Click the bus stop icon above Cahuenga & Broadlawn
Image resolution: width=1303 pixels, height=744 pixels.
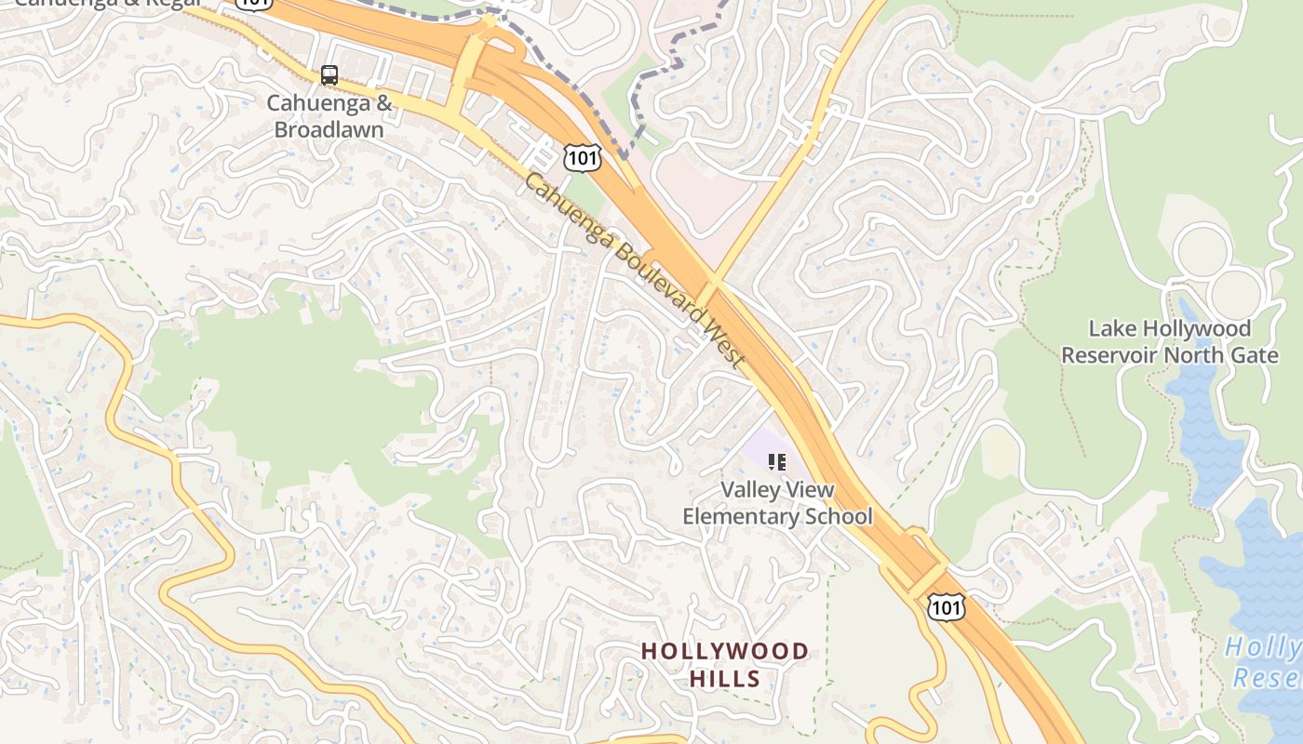pyautogui.click(x=329, y=75)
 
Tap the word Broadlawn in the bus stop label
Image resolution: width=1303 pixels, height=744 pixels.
pyautogui.click(x=329, y=129)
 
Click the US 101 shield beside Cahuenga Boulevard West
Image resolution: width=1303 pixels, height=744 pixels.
pyautogui.click(x=582, y=157)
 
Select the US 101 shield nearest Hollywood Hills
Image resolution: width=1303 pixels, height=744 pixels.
pyautogui.click(x=946, y=607)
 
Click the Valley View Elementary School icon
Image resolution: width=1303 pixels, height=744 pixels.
pyautogui.click(x=777, y=461)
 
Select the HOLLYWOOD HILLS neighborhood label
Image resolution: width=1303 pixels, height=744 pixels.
pyautogui.click(x=725, y=664)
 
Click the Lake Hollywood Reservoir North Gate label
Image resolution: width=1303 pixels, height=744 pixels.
pyautogui.click(x=1169, y=342)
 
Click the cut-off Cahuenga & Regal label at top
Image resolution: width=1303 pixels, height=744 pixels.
pyautogui.click(x=107, y=4)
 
